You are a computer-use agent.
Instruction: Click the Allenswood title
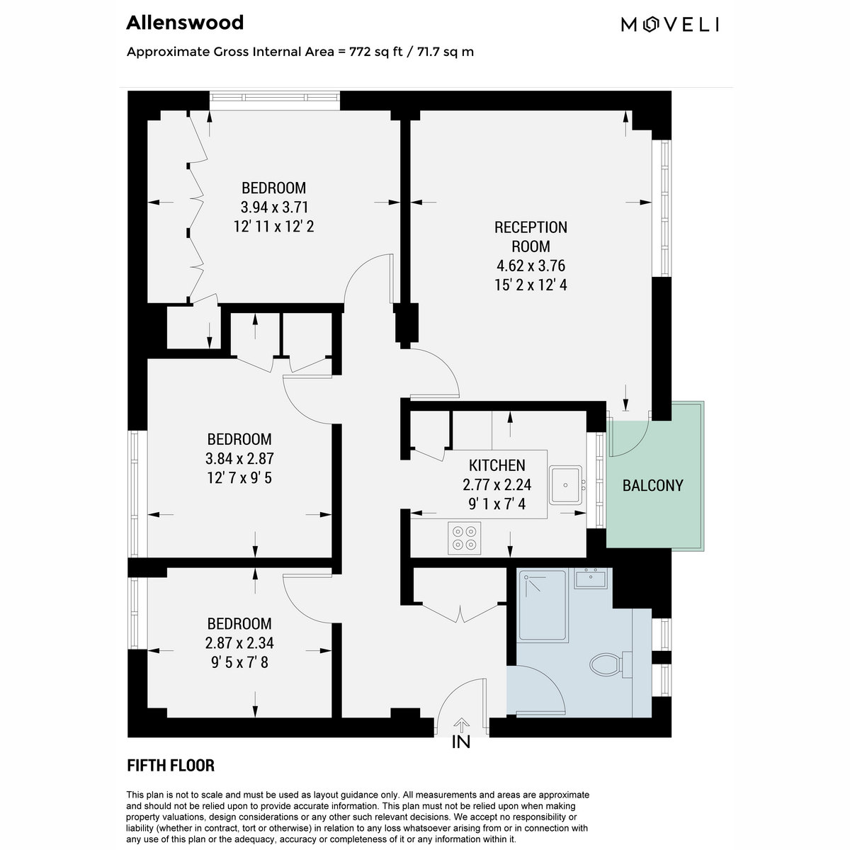pyautogui.click(x=185, y=23)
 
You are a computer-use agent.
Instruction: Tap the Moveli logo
pyautogui.click(x=670, y=25)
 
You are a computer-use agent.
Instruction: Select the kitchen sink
pyautogui.click(x=566, y=484)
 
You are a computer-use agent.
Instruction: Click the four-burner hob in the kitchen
pyautogui.click(x=464, y=538)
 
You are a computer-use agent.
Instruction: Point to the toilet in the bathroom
pyautogui.click(x=611, y=664)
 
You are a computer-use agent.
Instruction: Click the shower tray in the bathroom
pyautogui.click(x=542, y=605)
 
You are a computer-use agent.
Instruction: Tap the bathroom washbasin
pyautogui.click(x=591, y=578)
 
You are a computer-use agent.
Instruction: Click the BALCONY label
pyautogui.click(x=652, y=486)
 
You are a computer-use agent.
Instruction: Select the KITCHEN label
pyautogui.click(x=497, y=465)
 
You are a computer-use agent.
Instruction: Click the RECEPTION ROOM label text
pyautogui.click(x=531, y=237)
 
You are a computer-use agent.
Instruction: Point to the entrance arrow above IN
pyautogui.click(x=461, y=725)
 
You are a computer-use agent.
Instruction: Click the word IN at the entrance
pyautogui.click(x=461, y=742)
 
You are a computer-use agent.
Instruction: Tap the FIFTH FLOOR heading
pyautogui.click(x=171, y=765)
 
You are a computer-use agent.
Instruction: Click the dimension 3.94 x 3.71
pyautogui.click(x=274, y=207)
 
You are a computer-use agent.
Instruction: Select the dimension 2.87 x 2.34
pyautogui.click(x=239, y=643)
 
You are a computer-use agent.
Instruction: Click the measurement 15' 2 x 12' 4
pyautogui.click(x=531, y=285)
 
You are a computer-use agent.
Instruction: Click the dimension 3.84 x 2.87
pyautogui.click(x=239, y=459)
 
